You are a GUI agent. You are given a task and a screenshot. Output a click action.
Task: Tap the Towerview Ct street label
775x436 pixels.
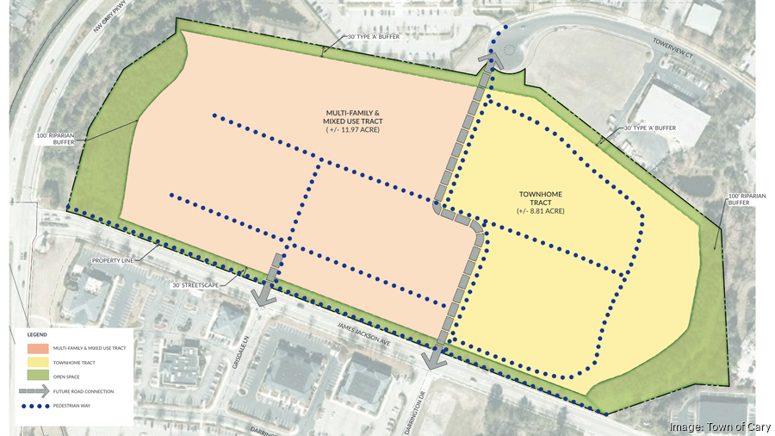pos(673,48)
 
